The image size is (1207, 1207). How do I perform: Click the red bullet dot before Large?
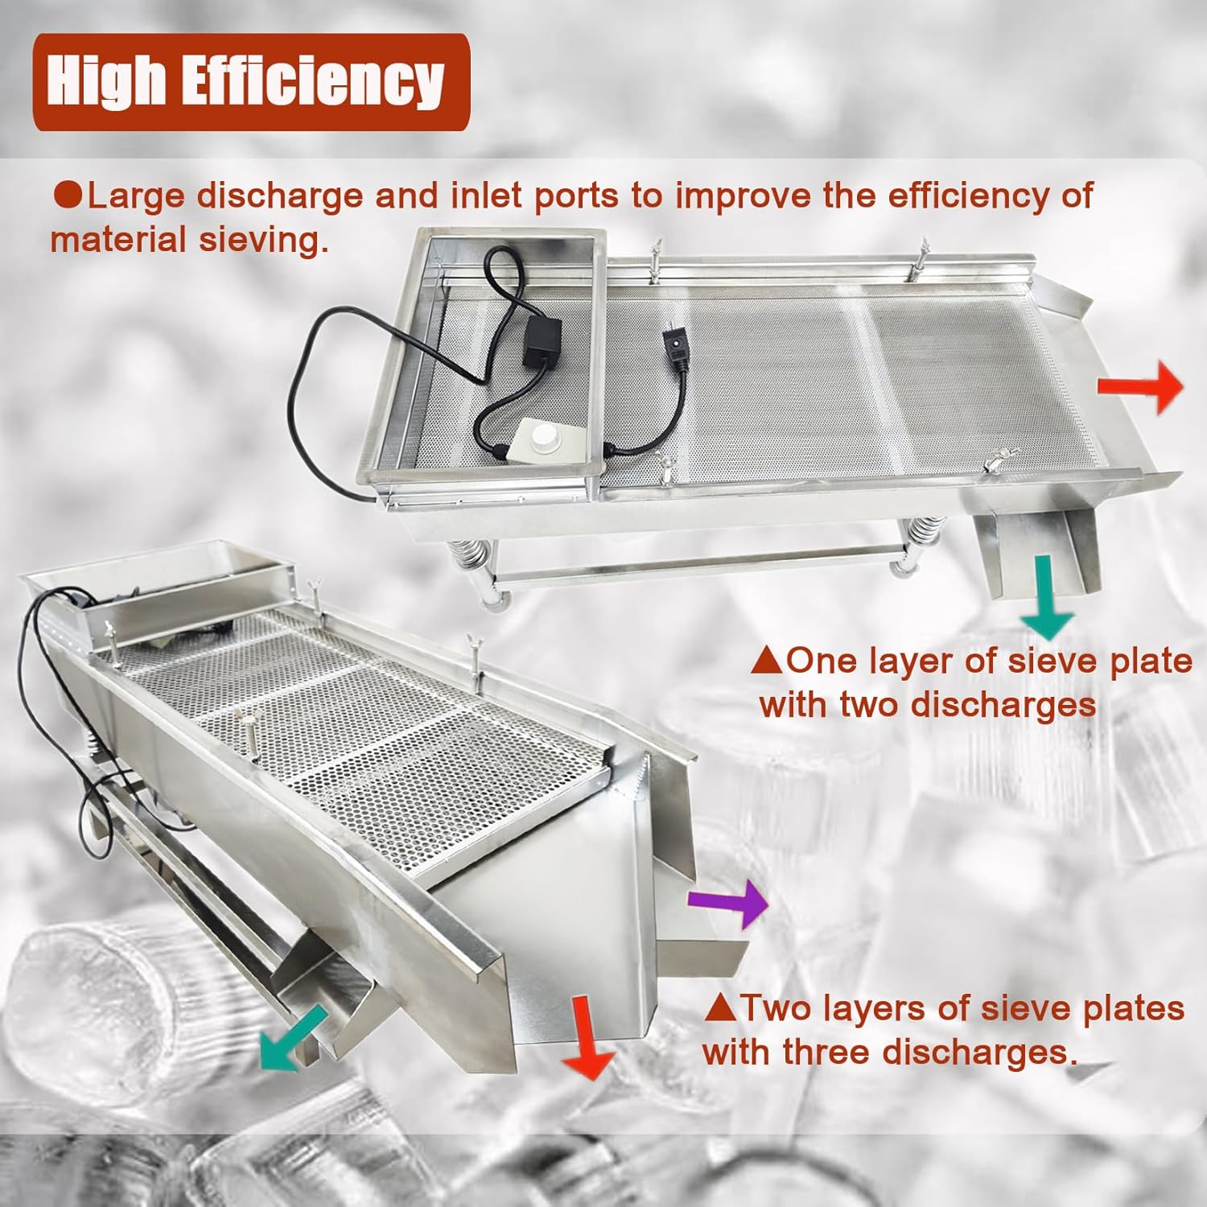coord(68,196)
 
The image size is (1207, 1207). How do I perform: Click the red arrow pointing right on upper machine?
coord(1141,387)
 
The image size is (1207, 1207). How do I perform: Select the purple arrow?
coord(728,903)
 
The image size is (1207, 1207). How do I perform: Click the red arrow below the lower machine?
coord(587,1037)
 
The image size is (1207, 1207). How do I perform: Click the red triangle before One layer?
coord(766,661)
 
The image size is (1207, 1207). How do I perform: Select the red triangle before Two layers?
coord(720,1008)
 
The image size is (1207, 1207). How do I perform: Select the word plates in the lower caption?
coord(1133,1008)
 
